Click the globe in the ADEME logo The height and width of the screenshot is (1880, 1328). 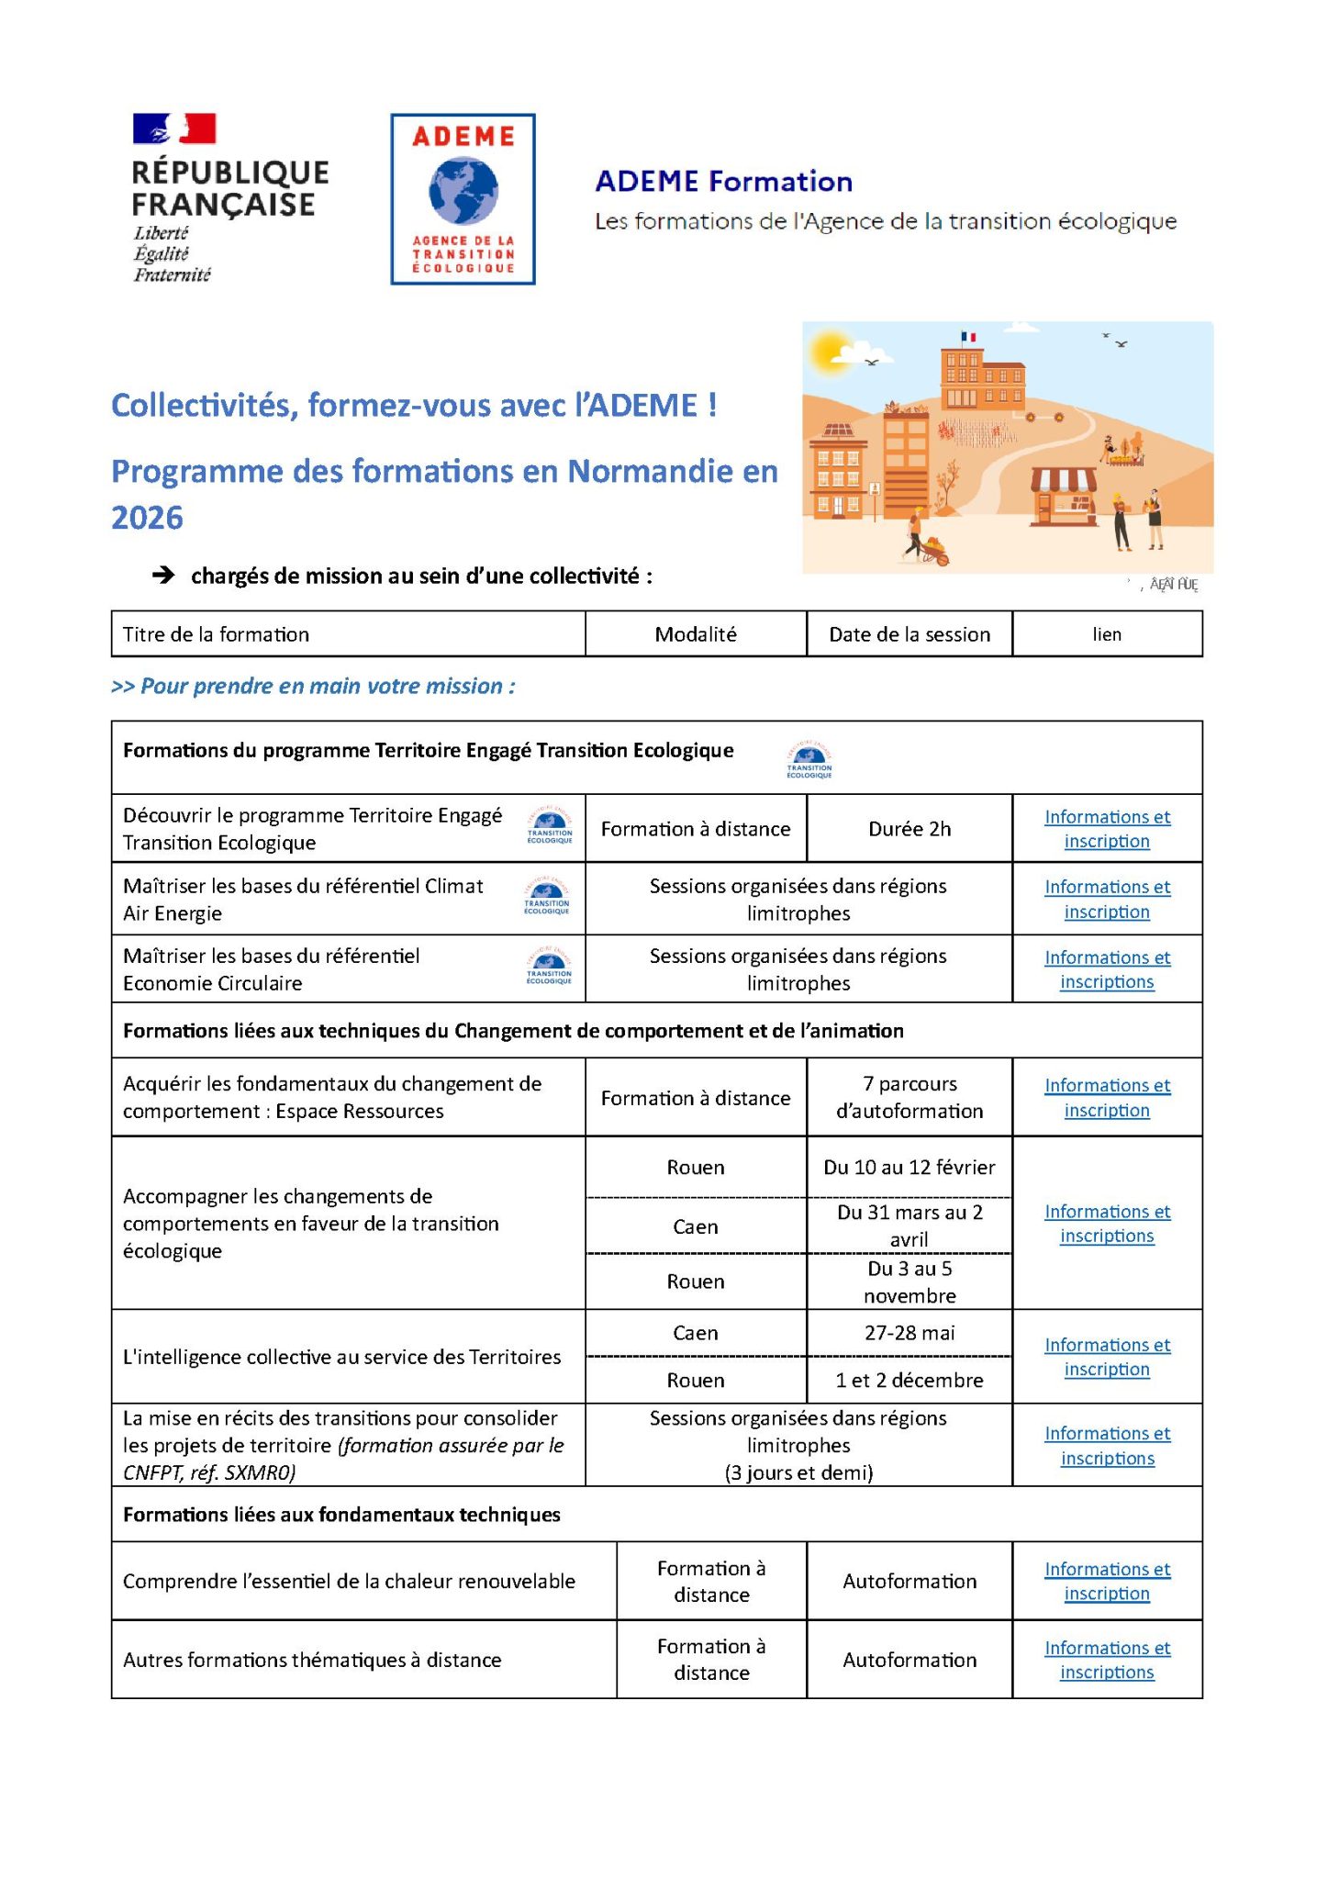pos(463,191)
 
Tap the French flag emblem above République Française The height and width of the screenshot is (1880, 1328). pos(174,129)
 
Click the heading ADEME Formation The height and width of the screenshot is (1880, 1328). pos(723,181)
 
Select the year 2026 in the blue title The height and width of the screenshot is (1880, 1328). pos(147,518)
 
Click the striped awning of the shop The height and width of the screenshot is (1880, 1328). pos(1064,480)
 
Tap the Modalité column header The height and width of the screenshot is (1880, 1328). pos(695,634)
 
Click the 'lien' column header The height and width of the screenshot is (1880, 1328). pos(1106,634)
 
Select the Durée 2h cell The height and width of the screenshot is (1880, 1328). pos(909,829)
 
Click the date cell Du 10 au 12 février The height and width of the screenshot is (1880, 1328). pos(909,1168)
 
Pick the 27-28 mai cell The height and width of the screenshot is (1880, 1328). pos(909,1333)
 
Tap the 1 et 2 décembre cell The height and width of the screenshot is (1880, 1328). pos(909,1380)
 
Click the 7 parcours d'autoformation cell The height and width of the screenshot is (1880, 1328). pos(909,1097)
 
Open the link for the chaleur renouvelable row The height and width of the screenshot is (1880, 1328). pos(1106,1581)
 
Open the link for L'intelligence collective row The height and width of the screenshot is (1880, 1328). pos(1106,1357)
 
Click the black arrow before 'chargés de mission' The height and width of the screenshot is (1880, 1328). pos(163,576)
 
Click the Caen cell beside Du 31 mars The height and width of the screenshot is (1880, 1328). pos(695,1226)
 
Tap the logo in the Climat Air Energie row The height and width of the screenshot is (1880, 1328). pos(547,897)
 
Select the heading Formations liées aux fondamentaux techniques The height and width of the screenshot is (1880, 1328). pos(341,1515)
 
